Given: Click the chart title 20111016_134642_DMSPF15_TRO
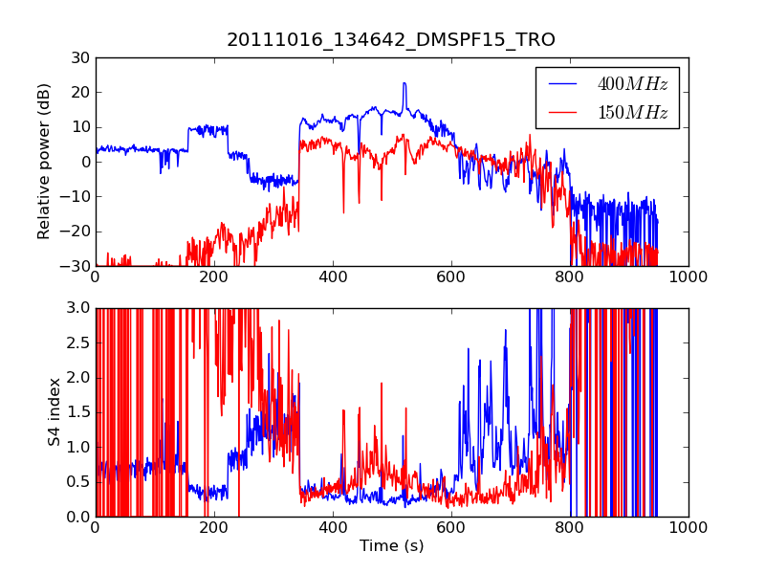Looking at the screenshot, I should [x=390, y=40].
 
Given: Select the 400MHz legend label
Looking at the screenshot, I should [x=632, y=84].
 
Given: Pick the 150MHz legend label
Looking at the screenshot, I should [x=632, y=113].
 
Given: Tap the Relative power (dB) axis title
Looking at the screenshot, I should [x=44, y=162].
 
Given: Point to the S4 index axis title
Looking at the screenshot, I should [x=55, y=412].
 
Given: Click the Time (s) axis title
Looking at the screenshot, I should [x=391, y=545].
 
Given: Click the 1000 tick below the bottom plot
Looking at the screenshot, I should [x=688, y=527].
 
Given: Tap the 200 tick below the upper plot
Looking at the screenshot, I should [x=213, y=277].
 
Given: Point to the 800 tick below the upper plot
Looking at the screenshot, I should [x=569, y=277].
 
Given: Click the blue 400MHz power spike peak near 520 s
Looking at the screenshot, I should [x=404, y=83].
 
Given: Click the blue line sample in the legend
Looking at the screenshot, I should [x=563, y=84].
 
